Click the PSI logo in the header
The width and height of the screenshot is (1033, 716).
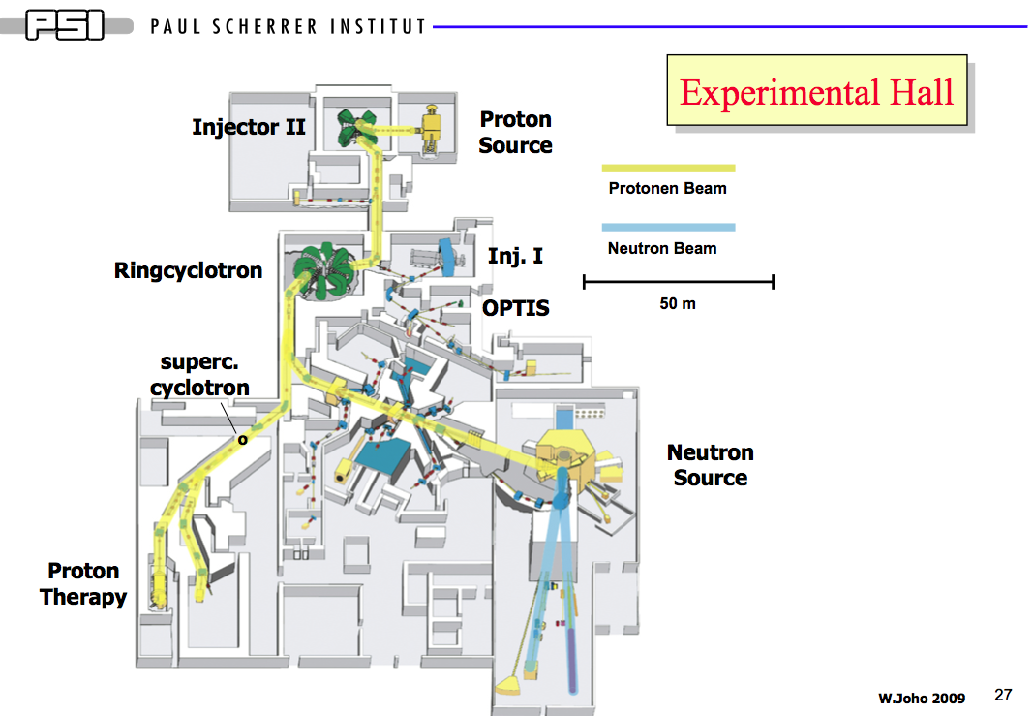pyautogui.click(x=65, y=24)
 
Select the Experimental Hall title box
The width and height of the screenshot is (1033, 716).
pyautogui.click(x=816, y=91)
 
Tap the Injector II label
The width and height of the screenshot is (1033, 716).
pyautogui.click(x=249, y=127)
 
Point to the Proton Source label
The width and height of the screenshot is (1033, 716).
pyautogui.click(x=516, y=133)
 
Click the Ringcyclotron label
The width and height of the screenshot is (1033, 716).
pyautogui.click(x=188, y=270)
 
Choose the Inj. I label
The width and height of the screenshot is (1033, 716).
pyautogui.click(x=515, y=257)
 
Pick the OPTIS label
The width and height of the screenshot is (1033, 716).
pyautogui.click(x=516, y=308)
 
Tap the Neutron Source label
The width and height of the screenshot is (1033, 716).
pyautogui.click(x=710, y=465)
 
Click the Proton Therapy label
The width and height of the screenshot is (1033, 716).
pyautogui.click(x=83, y=583)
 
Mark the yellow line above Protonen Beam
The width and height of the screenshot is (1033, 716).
pyautogui.click(x=668, y=169)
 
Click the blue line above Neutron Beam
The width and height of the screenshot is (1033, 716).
pyautogui.click(x=668, y=228)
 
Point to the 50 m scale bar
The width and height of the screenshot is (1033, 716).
pyautogui.click(x=678, y=282)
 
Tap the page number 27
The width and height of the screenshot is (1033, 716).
pyautogui.click(x=1003, y=695)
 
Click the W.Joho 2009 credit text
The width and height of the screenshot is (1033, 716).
pyautogui.click(x=922, y=698)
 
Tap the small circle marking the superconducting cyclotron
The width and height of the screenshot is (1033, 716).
pyautogui.click(x=242, y=439)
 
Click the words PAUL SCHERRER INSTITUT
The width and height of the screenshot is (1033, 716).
pyautogui.click(x=289, y=26)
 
